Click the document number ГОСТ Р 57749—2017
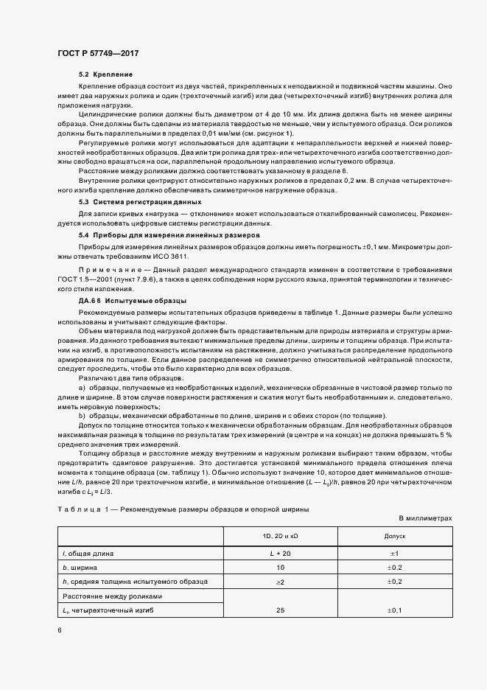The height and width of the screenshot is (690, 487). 98,54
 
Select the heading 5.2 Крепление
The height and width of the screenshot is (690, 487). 105,75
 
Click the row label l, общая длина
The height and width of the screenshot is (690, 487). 88,553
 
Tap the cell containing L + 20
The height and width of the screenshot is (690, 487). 280,553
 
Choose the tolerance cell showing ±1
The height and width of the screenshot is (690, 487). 394,553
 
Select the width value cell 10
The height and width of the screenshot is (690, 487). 280,568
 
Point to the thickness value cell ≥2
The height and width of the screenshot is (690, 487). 280,582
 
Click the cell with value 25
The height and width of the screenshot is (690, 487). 280,610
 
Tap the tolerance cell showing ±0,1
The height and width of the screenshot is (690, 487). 394,610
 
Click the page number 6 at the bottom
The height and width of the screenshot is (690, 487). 60,630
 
